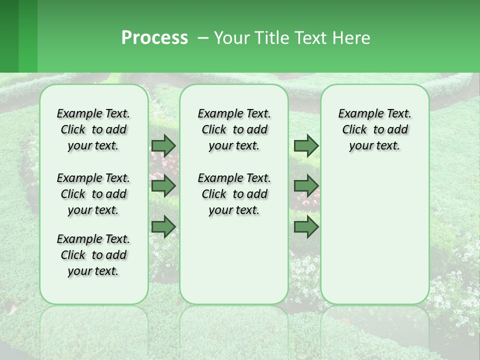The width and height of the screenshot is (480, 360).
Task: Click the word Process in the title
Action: coord(154,38)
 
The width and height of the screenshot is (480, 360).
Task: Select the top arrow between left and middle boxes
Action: coord(163,145)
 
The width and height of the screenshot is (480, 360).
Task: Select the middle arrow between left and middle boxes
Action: coord(163,186)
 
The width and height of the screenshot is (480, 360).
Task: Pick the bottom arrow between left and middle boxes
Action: coord(163,226)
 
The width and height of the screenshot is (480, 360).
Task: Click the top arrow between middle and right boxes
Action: coord(306,145)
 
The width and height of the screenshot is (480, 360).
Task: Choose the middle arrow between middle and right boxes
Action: coord(306,186)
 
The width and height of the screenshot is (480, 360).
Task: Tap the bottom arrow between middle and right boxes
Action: coord(306,226)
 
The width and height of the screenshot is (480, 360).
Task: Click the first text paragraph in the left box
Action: coord(93,129)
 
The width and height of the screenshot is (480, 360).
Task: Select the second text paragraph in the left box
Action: coord(93,194)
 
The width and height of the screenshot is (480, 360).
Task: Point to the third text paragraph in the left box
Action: coord(93,255)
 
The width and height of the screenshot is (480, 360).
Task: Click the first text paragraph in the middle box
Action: coord(234,129)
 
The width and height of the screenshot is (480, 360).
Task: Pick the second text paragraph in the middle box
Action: coord(234,194)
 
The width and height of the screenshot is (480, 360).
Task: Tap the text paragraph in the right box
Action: coord(374,129)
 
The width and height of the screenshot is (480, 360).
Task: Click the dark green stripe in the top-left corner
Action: coord(9,36)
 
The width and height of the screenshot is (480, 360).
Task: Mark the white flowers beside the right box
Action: coord(450,300)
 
